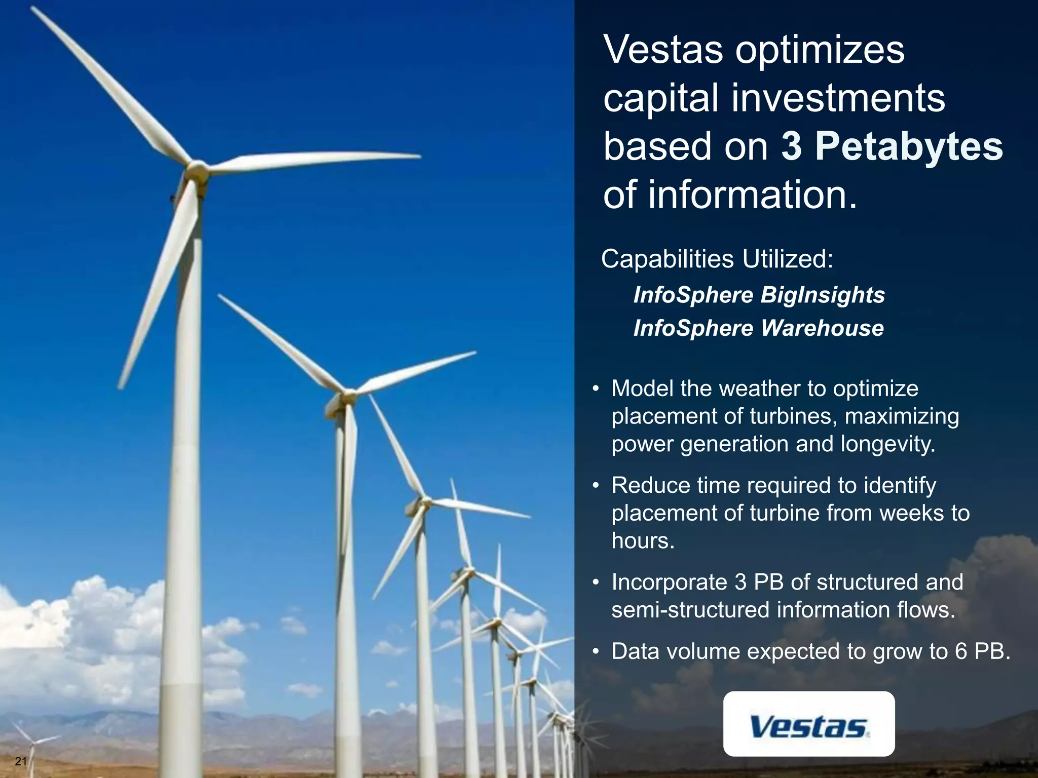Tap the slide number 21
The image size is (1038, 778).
(x=21, y=761)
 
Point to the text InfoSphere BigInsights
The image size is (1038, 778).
(x=759, y=295)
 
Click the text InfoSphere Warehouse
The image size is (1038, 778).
(x=758, y=328)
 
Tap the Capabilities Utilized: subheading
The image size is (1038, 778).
(x=717, y=259)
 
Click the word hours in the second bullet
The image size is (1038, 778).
(x=643, y=541)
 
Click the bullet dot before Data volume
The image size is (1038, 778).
(x=597, y=652)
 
